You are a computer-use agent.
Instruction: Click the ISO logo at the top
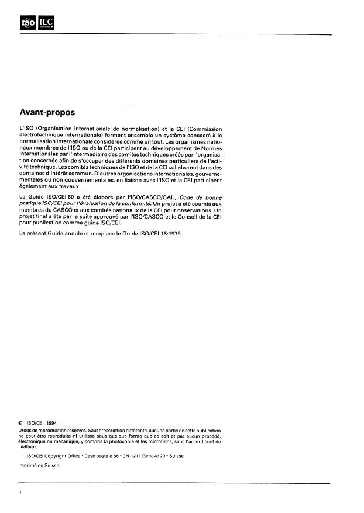(x=28, y=23)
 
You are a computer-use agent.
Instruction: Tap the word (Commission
(x=202, y=128)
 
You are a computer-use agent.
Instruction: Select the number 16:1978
(x=174, y=233)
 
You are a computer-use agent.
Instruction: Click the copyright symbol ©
(x=21, y=422)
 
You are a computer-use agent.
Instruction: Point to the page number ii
(x=21, y=493)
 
